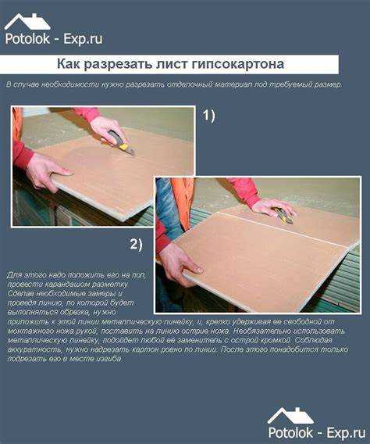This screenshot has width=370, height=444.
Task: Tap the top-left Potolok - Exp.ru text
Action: pyautogui.click(x=53, y=38)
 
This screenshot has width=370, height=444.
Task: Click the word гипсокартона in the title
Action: pyautogui.click(x=238, y=63)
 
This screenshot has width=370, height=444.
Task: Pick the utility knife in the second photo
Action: pyautogui.click(x=283, y=216)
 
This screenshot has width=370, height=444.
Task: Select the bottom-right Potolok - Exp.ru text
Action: pyautogui.click(x=312, y=432)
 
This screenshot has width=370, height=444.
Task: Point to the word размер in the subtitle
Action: pyautogui.click(x=325, y=83)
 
